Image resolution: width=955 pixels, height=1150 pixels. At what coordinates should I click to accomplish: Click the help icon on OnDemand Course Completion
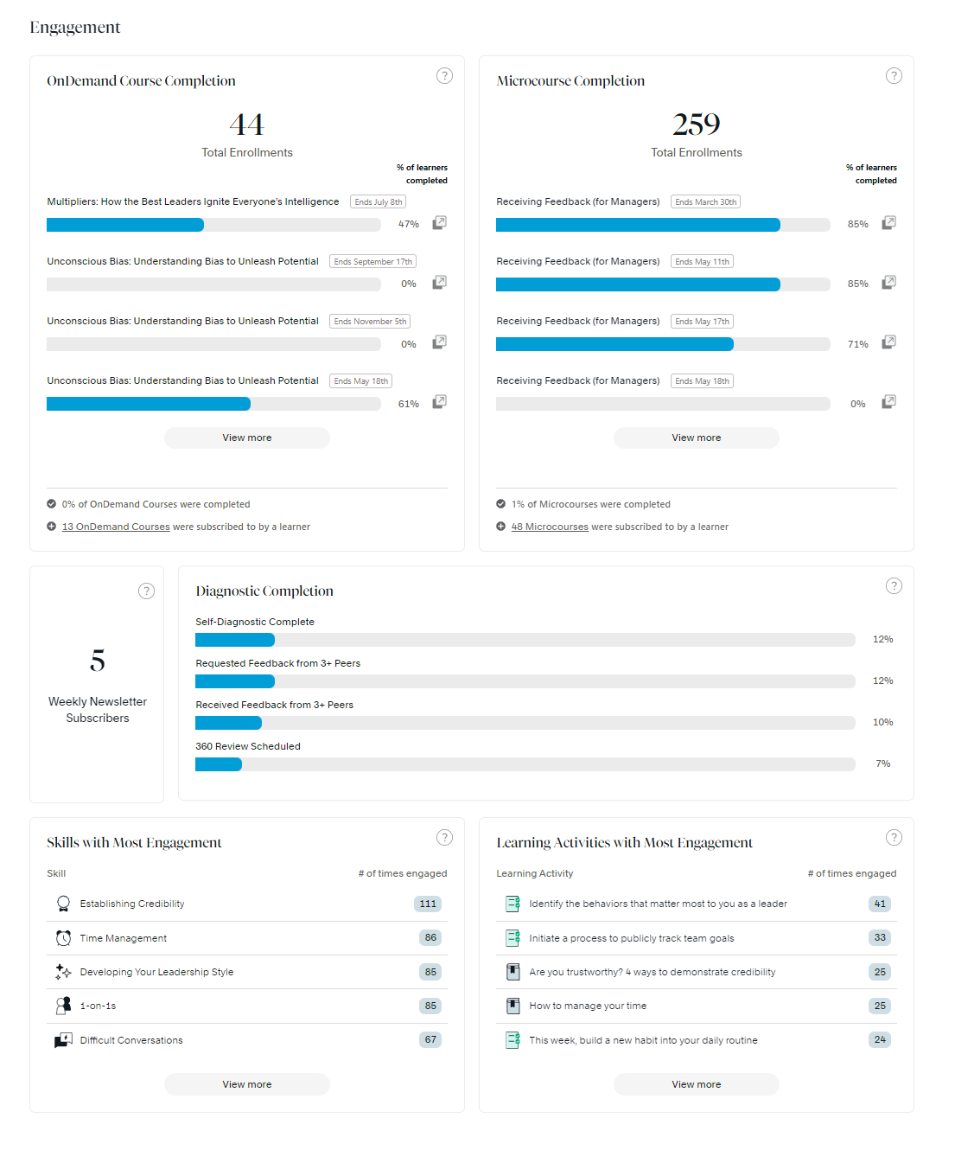[x=444, y=76]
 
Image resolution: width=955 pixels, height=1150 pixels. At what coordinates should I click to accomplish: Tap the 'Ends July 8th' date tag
[x=378, y=202]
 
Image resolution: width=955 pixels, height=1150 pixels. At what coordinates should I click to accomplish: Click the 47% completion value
[x=408, y=225]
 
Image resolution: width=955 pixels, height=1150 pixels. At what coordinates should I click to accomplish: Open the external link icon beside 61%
[x=439, y=402]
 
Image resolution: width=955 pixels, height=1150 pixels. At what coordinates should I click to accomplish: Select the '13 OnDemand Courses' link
[x=116, y=527]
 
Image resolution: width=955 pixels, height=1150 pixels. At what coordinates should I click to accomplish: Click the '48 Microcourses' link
[x=550, y=527]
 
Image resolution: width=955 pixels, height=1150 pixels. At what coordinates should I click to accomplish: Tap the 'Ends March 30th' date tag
[x=705, y=202]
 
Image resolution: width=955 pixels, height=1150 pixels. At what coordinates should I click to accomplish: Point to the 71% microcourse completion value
[x=857, y=344]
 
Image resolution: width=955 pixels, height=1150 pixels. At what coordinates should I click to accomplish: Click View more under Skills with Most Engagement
[x=247, y=1084]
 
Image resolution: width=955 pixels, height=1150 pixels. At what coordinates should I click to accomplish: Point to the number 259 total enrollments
[x=697, y=125]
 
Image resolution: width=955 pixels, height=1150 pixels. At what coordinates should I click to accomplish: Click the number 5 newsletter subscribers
[x=98, y=661]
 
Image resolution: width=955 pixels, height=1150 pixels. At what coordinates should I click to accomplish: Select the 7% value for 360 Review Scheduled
[x=882, y=764]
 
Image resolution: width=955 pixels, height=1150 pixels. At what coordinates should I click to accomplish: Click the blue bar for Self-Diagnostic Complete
[x=235, y=640]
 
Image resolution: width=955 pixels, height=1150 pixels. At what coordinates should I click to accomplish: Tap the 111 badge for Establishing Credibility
[x=428, y=904]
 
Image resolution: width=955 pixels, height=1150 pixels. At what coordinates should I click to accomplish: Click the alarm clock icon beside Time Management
[x=63, y=938]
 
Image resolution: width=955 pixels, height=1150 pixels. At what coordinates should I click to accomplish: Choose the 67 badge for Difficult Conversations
[x=430, y=1039]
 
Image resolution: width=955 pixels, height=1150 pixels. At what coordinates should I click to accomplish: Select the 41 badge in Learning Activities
[x=880, y=904]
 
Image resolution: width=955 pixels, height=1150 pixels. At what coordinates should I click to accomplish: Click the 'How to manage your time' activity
[x=588, y=1006]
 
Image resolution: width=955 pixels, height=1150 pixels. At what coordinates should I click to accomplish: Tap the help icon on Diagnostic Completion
[x=894, y=586]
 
